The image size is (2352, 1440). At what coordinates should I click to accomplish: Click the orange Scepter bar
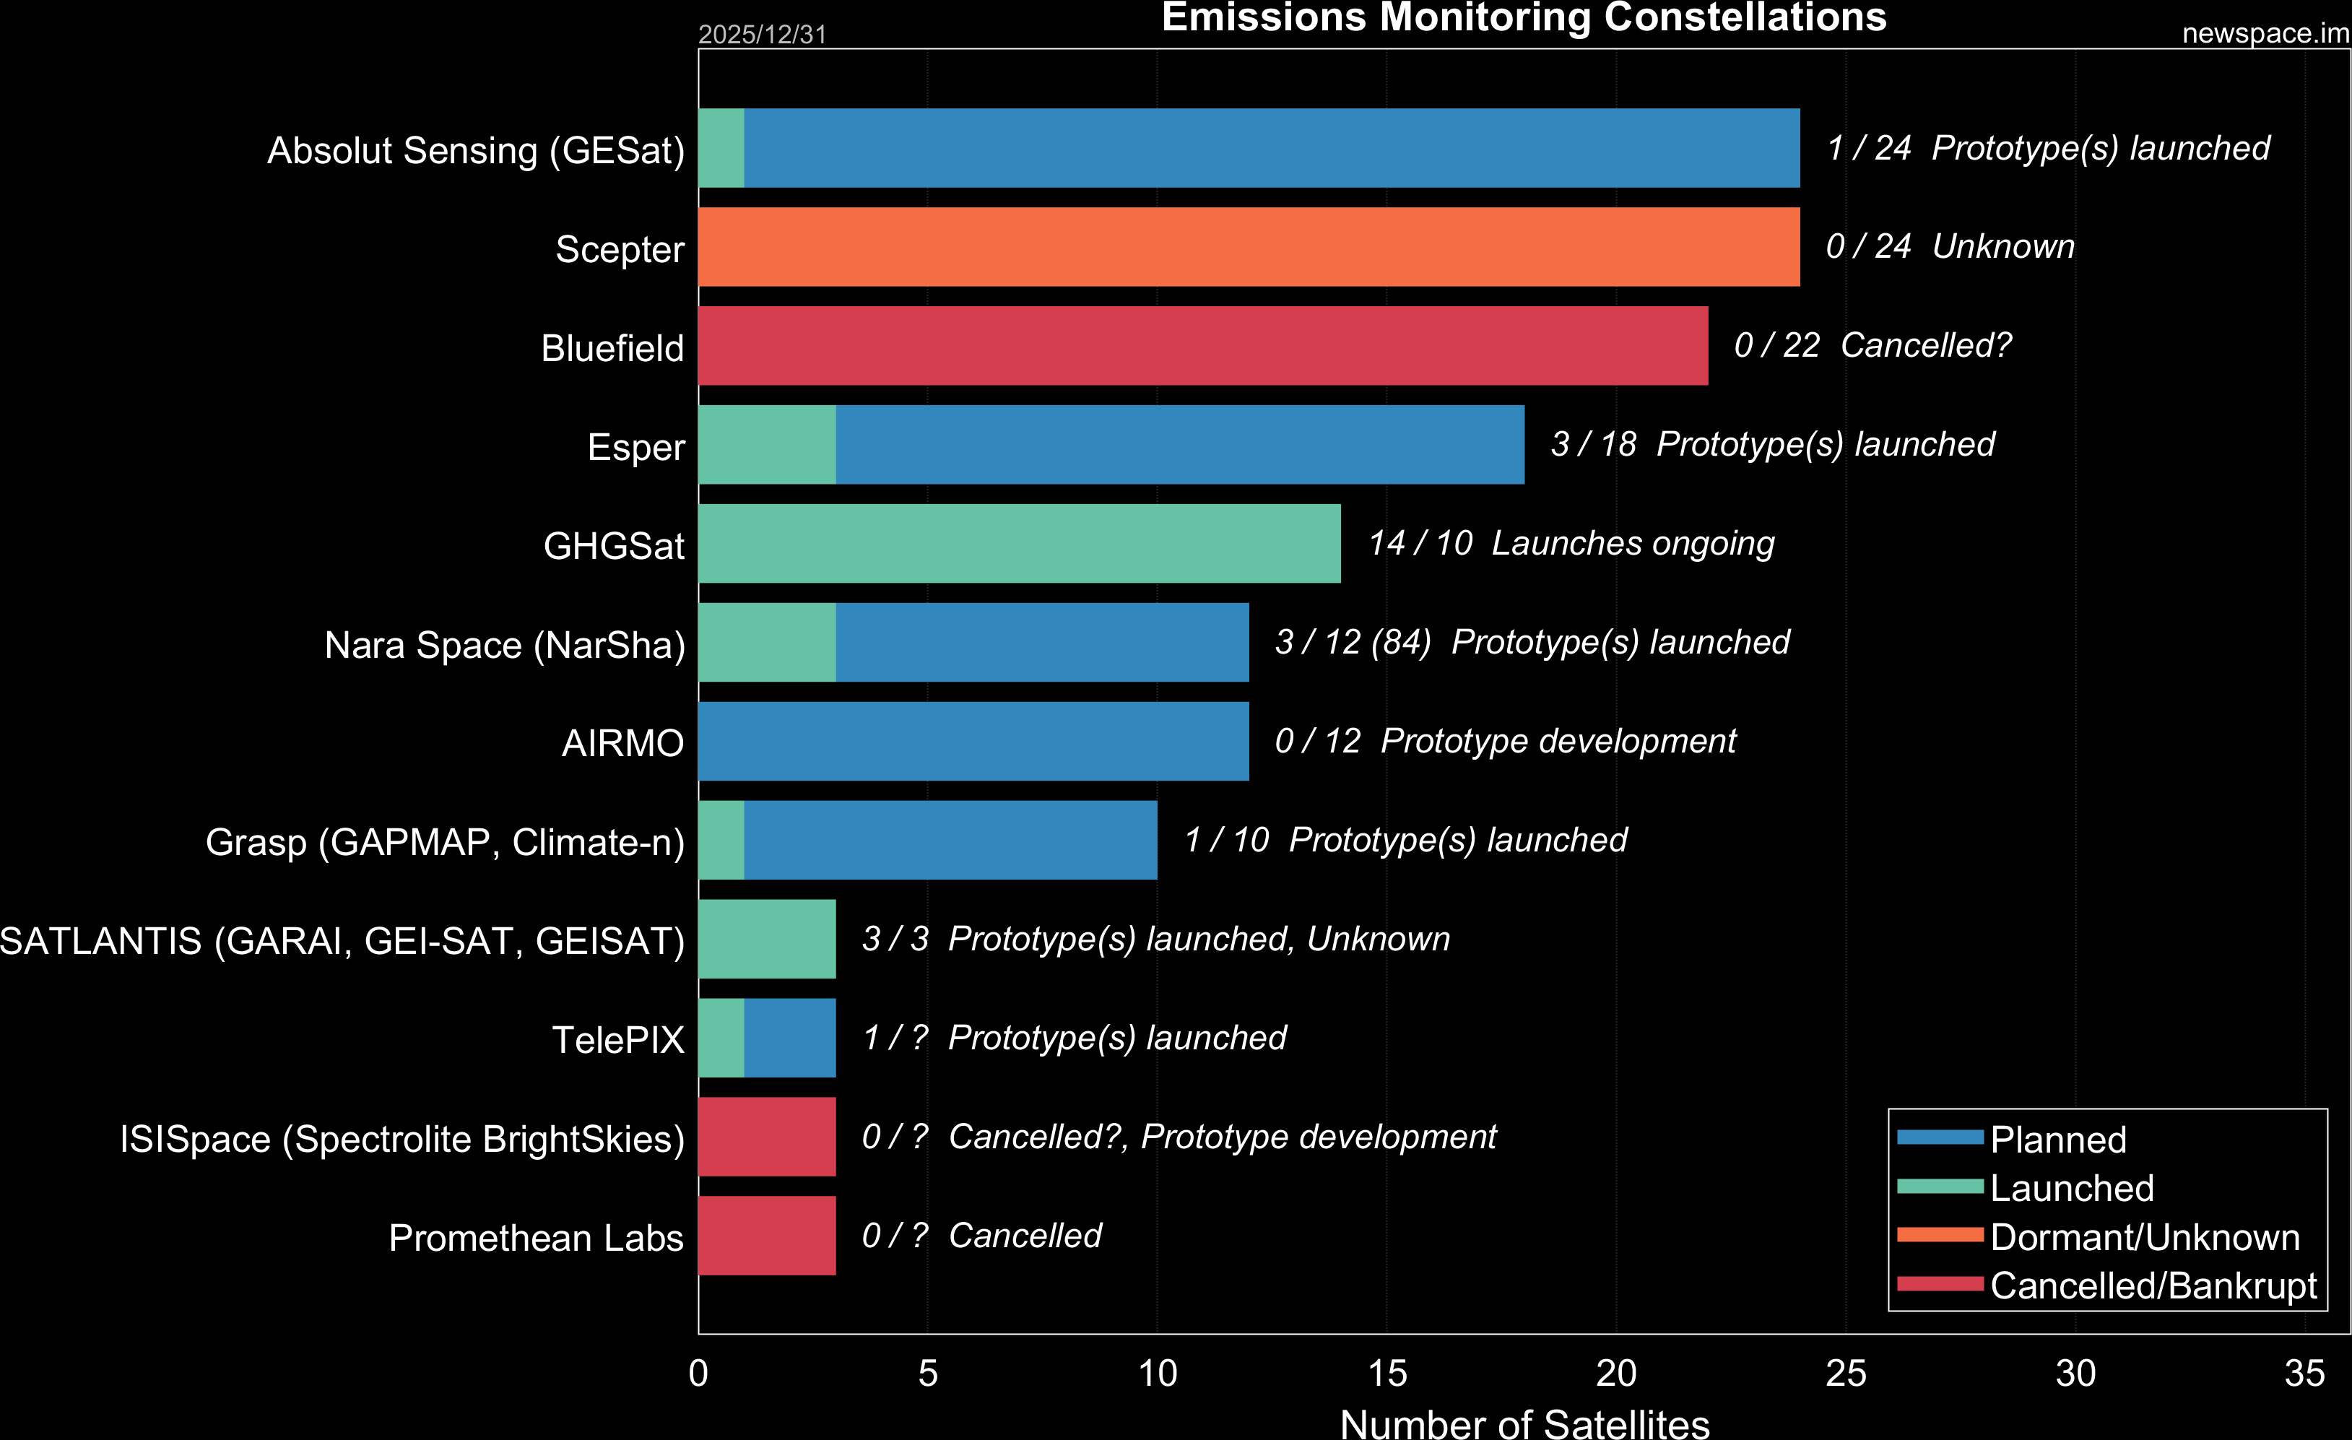1249,247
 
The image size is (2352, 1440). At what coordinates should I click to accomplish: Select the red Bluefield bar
1203,345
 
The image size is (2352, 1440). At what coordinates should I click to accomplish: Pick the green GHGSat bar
1020,544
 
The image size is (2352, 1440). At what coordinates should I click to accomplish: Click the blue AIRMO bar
973,742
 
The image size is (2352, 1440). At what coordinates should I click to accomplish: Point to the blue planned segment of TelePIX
790,1038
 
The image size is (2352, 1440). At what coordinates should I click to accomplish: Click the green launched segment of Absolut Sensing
721,148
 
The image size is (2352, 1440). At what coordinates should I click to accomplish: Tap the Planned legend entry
2058,1140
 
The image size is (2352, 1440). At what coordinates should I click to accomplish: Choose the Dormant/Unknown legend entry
2144,1237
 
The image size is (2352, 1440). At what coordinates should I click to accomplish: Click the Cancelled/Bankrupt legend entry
2153,1285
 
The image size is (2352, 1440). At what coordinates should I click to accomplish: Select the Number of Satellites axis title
1524,1423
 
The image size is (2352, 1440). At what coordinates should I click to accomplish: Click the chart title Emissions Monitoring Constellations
1524,17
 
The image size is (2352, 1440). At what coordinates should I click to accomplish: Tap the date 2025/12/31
762,35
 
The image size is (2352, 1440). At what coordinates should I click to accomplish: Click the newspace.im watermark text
2264,33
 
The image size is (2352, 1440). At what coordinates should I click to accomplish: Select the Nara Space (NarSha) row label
505,645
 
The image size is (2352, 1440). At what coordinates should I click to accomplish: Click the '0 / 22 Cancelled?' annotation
1872,345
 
